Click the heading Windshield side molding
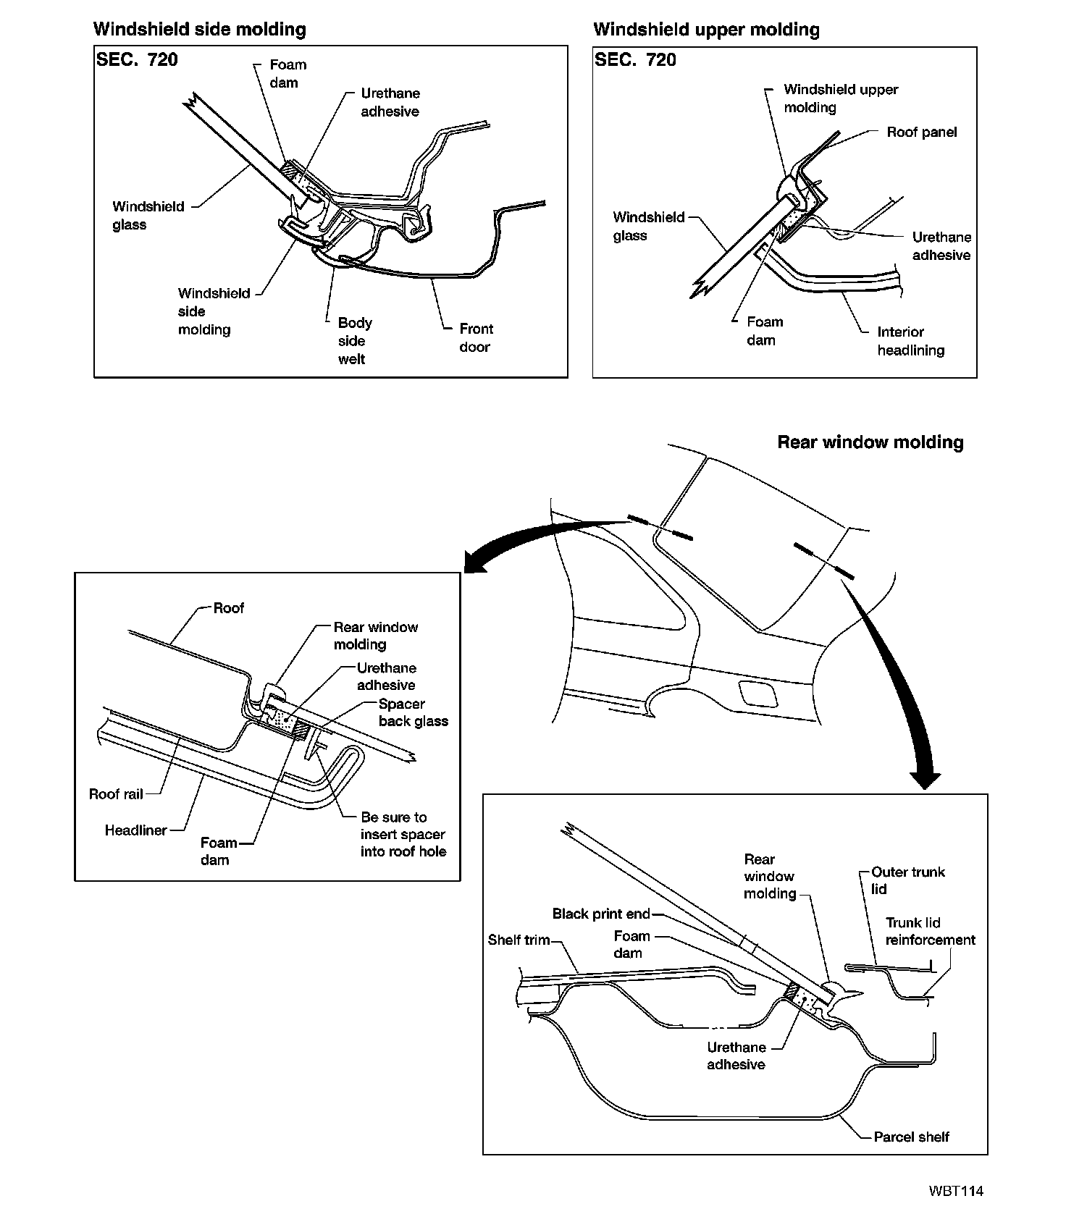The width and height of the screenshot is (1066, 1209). point(199,30)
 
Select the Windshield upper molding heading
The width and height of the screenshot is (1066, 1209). point(706,30)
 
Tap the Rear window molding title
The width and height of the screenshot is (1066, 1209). point(870,442)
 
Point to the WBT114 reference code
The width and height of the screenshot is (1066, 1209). point(957,1191)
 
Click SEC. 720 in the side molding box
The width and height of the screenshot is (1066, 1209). point(137,59)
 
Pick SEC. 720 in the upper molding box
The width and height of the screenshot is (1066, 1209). point(635,59)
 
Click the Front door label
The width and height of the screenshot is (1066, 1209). point(475,337)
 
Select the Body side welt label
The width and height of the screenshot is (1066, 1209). point(355,340)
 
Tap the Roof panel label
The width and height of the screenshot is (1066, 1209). point(921,132)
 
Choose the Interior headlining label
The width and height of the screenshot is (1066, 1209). point(910,341)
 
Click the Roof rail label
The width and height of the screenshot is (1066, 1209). point(115,794)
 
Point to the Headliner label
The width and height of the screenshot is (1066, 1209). point(135,830)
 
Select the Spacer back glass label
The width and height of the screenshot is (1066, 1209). point(413,712)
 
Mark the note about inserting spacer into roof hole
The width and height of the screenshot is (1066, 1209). point(403,834)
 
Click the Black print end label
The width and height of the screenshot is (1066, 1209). point(601,914)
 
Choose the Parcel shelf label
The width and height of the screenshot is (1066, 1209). point(911,1137)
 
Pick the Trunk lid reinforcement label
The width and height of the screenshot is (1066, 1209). point(930,931)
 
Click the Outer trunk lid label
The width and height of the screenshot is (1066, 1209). point(907,880)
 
